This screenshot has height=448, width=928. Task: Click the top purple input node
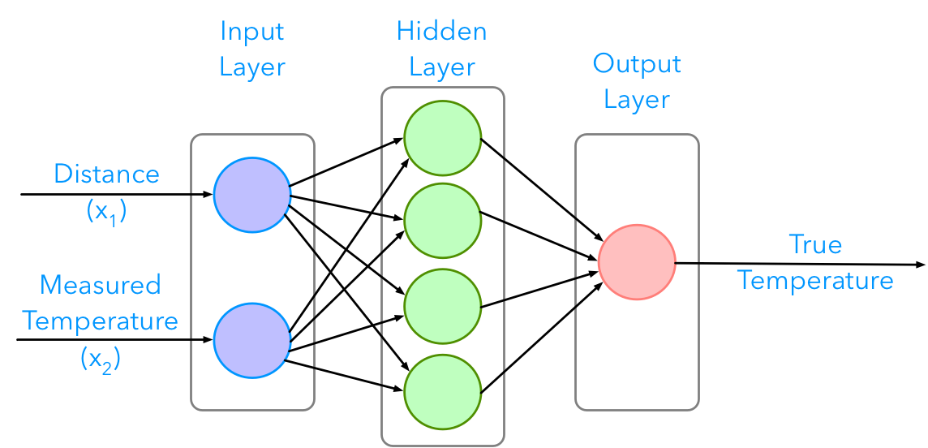click(x=252, y=195)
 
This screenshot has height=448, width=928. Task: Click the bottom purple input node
click(x=252, y=341)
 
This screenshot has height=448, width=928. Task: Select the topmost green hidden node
click(x=443, y=136)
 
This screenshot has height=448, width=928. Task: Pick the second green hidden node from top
click(x=443, y=219)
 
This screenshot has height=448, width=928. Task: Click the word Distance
click(x=106, y=174)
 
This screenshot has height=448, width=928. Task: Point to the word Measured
click(x=101, y=285)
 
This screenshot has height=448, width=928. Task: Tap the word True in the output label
click(x=815, y=244)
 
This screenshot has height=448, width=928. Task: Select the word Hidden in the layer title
click(x=442, y=32)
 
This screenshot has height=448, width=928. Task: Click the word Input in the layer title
click(x=252, y=32)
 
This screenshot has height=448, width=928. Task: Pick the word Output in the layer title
click(x=637, y=64)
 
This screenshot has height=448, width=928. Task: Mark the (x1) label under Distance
click(x=106, y=211)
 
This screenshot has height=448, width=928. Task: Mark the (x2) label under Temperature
click(x=101, y=358)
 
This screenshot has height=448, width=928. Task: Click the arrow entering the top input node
click(x=201, y=195)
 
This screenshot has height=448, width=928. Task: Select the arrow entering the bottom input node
click(x=201, y=341)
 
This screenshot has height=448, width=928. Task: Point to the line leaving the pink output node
click(x=688, y=263)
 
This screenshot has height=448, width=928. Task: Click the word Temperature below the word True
click(x=815, y=281)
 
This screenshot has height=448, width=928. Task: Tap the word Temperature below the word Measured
click(x=101, y=321)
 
